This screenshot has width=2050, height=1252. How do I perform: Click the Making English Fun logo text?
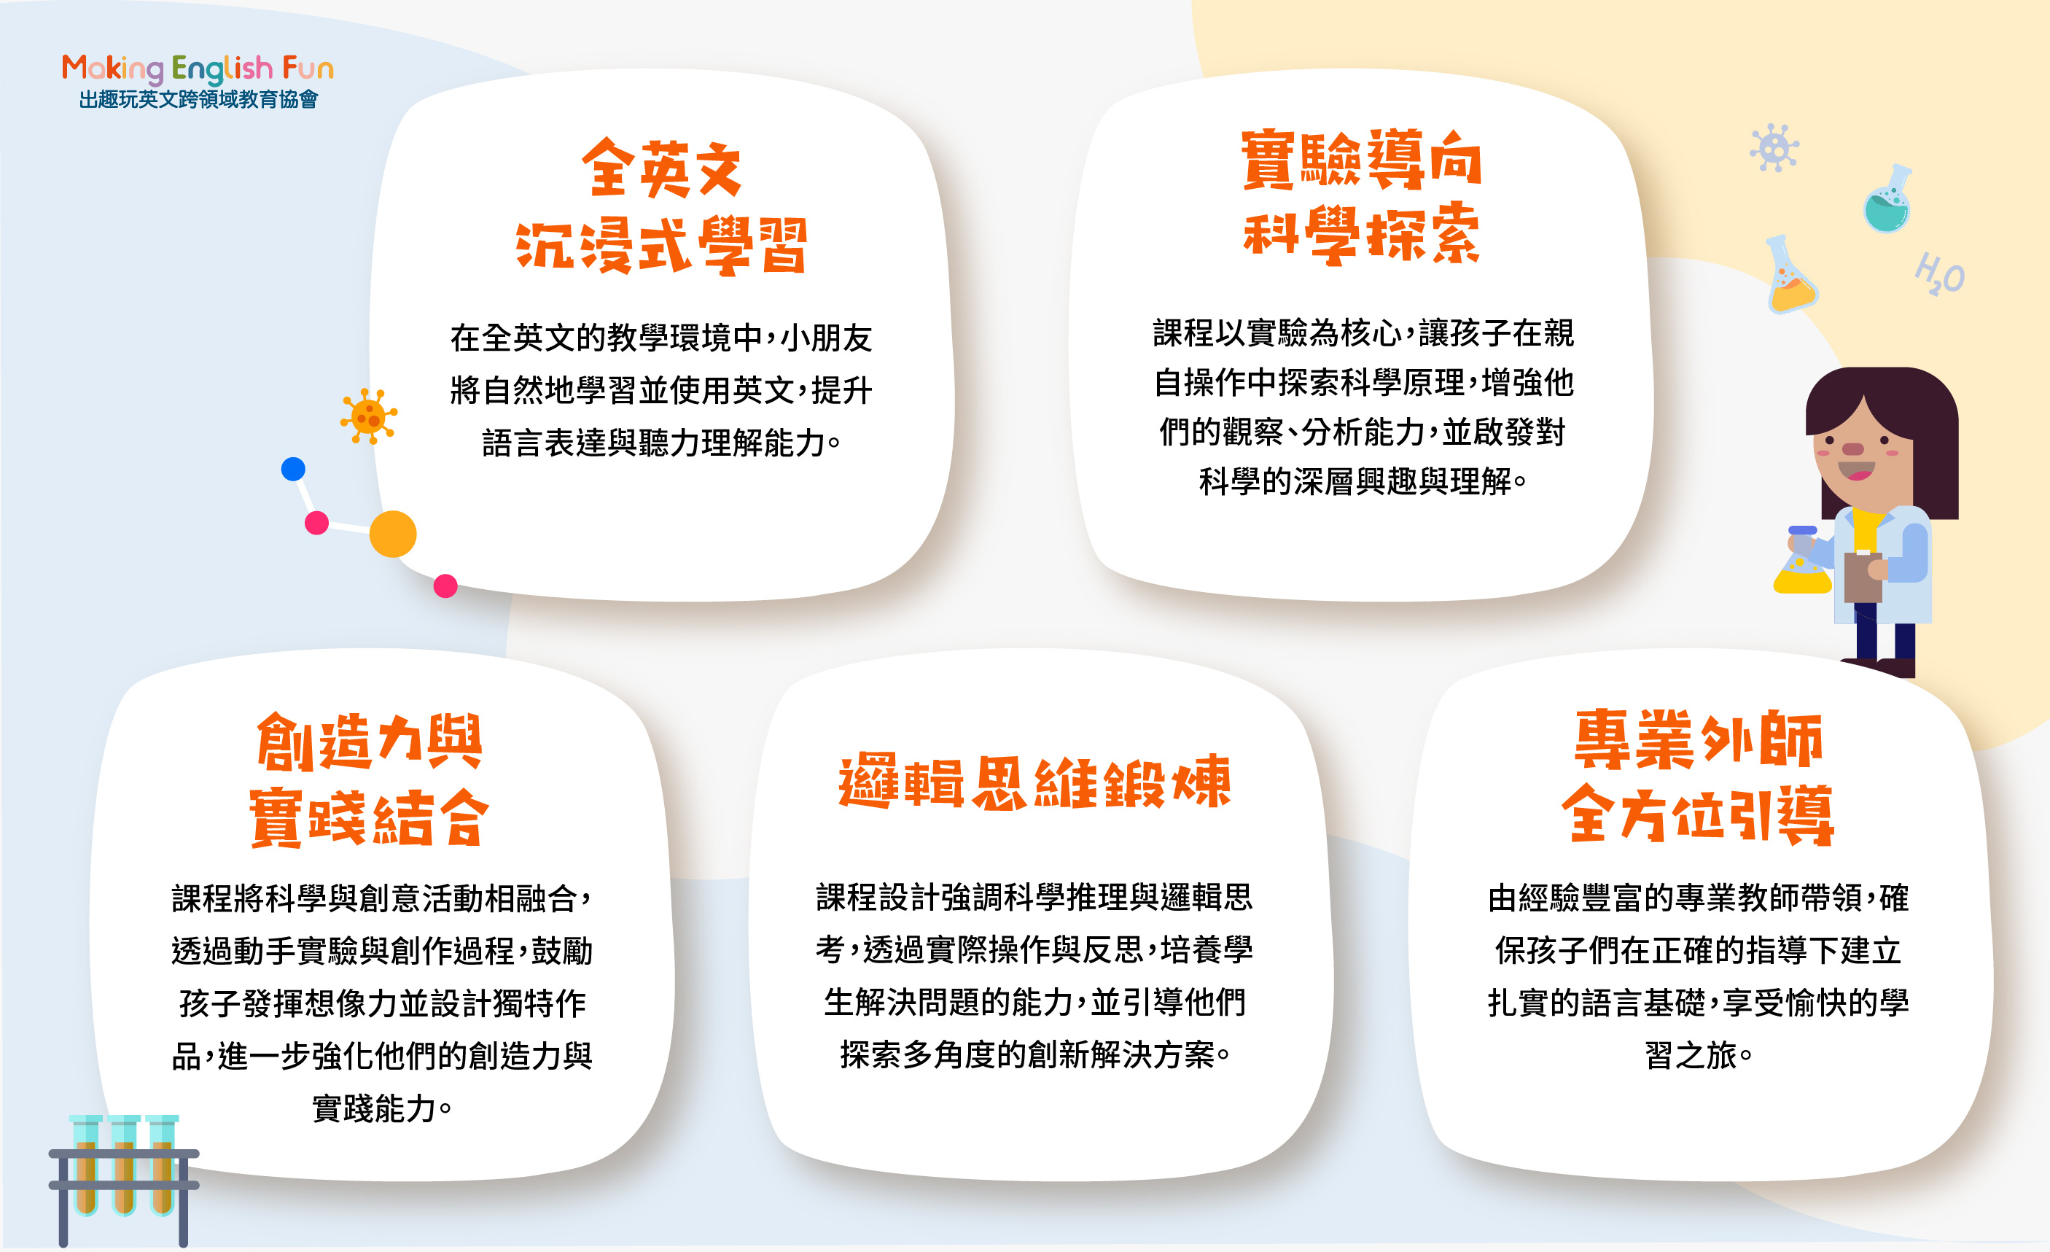[198, 69]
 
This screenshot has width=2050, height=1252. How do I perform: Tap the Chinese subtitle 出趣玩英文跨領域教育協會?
[198, 100]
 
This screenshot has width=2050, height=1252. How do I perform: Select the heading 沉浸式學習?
[661, 246]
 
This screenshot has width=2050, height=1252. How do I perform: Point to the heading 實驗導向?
[1362, 160]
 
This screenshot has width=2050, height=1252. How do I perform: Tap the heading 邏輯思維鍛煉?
[1034, 782]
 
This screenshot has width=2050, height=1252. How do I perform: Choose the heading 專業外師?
[1699, 739]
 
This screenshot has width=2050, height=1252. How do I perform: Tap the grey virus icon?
[1774, 149]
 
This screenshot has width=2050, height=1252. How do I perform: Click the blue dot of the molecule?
[293, 469]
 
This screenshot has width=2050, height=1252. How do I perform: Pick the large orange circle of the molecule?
[393, 533]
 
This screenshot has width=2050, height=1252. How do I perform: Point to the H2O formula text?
[1939, 273]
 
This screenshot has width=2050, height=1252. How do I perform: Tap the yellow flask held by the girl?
[1802, 569]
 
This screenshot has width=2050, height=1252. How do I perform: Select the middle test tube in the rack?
[124, 1164]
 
